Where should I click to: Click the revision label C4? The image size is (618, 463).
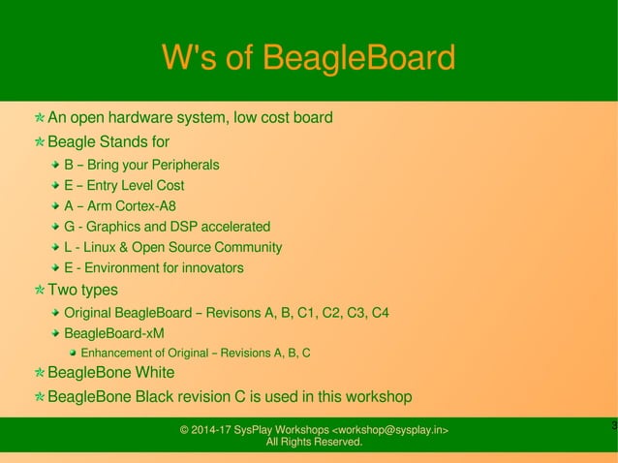(380, 313)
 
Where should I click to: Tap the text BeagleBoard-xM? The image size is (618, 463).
(113, 333)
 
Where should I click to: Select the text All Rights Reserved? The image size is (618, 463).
(314, 443)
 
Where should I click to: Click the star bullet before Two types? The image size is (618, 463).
(39, 290)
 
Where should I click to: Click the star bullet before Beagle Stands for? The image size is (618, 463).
(39, 143)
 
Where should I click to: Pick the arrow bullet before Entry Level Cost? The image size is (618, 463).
(56, 185)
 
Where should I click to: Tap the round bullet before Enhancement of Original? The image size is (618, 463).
(73, 353)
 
